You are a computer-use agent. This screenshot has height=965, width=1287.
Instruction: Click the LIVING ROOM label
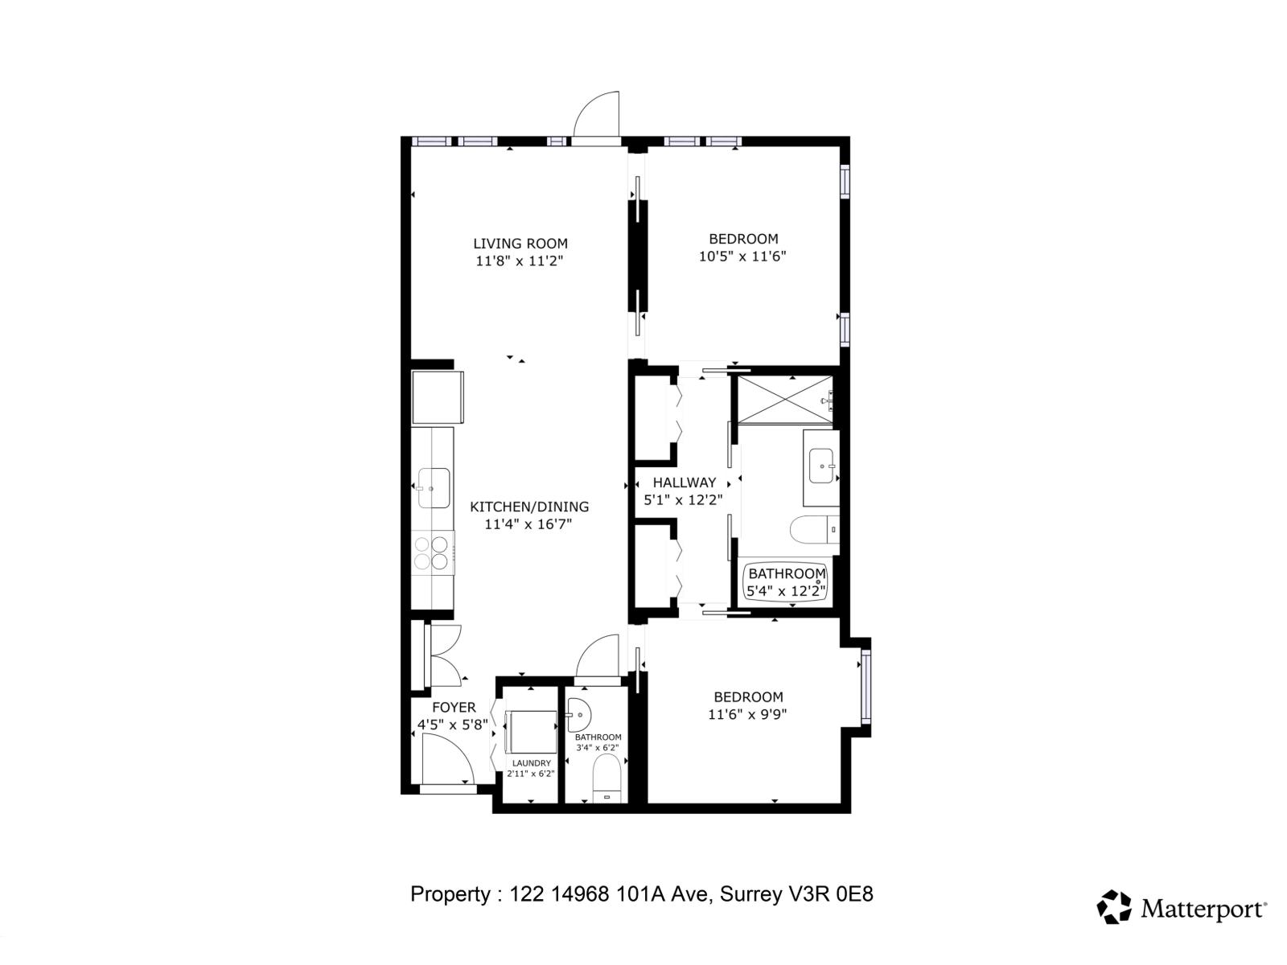pyautogui.click(x=520, y=243)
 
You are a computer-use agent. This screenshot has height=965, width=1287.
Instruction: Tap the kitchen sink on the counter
pyautogui.click(x=433, y=487)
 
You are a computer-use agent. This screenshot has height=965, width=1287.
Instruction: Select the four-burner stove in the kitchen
pyautogui.click(x=431, y=553)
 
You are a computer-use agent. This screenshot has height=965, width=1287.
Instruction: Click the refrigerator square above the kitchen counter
pyautogui.click(x=438, y=397)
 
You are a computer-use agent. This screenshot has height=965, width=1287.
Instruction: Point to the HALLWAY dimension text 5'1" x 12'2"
pyautogui.click(x=683, y=500)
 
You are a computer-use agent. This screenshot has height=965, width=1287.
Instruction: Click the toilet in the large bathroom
pyautogui.click(x=814, y=531)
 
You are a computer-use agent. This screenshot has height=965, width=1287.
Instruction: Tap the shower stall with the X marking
pyautogui.click(x=785, y=400)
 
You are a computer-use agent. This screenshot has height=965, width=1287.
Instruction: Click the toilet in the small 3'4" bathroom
pyautogui.click(x=606, y=778)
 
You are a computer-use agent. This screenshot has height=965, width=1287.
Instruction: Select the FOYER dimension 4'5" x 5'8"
pyautogui.click(x=452, y=725)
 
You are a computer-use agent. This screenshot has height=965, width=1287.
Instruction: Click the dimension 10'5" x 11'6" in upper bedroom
pyautogui.click(x=742, y=257)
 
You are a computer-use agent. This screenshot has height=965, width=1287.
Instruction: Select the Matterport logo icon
pyautogui.click(x=1114, y=907)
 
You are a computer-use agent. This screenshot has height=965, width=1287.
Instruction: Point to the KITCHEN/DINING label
pyautogui.click(x=528, y=507)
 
